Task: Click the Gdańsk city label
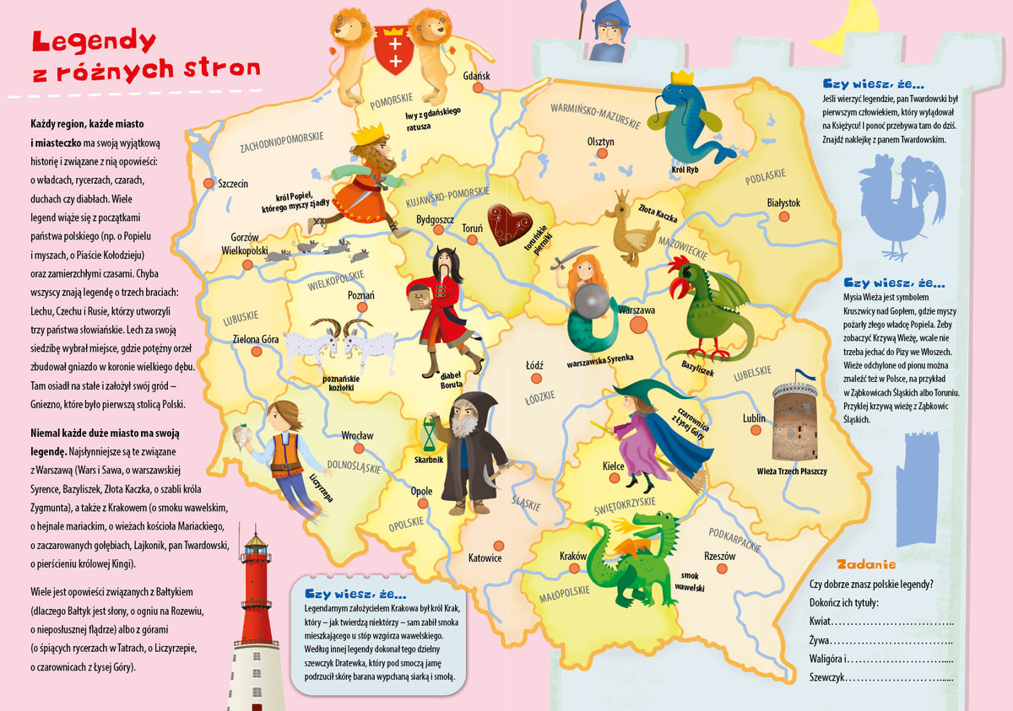pyautogui.click(x=476, y=76)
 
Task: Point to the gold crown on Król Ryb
pyautogui.click(x=681, y=78)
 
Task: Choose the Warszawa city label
pyautogui.click(x=637, y=310)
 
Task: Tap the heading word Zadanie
pyautogui.click(x=865, y=564)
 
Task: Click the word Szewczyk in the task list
pyautogui.click(x=826, y=677)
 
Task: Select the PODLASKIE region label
pyautogui.click(x=764, y=179)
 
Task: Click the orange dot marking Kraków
pyautogui.click(x=574, y=568)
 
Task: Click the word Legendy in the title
pyautogui.click(x=93, y=41)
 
